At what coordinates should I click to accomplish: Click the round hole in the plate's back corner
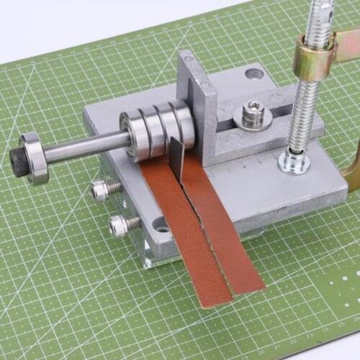pyautogui.click(x=254, y=73)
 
